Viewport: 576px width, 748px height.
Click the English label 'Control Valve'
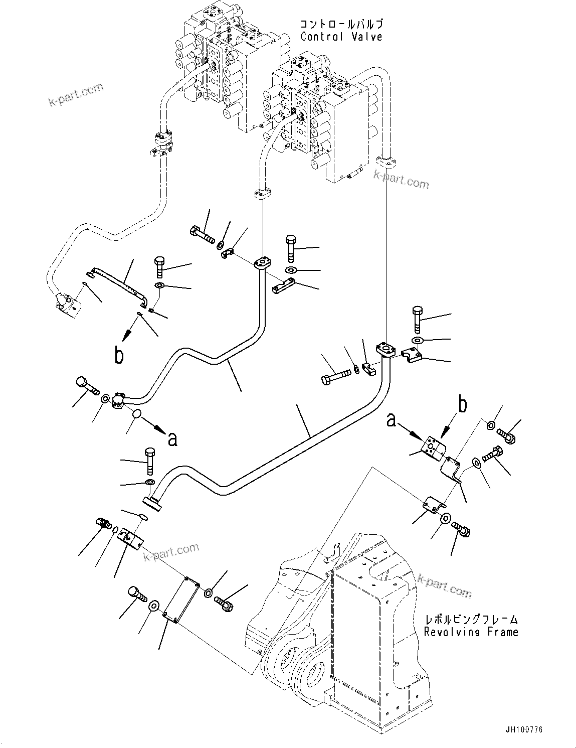point(341,37)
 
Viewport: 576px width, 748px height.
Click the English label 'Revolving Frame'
point(471,632)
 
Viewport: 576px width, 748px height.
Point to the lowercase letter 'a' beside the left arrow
point(172,439)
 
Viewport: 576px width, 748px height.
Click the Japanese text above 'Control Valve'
point(342,24)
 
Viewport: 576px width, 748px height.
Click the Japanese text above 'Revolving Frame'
point(471,620)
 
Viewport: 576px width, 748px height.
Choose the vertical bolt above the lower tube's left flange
point(149,459)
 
